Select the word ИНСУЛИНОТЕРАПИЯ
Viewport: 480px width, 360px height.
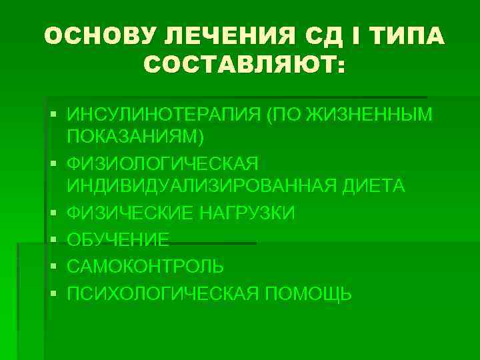point(163,115)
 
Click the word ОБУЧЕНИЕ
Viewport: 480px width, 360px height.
point(119,241)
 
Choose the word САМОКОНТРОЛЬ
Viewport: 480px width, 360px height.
point(145,267)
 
